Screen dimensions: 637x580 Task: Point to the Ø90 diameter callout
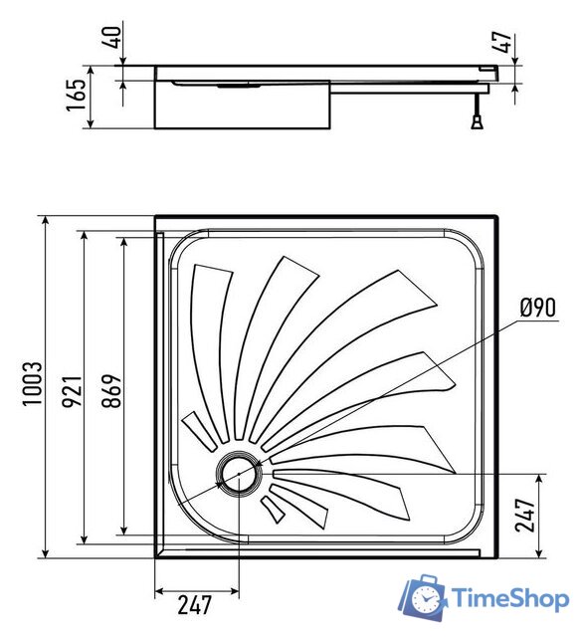(x=537, y=308)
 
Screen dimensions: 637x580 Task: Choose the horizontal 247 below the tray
(x=198, y=603)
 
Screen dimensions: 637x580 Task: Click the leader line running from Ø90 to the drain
(x=398, y=384)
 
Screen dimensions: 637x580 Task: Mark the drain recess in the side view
(x=238, y=86)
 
